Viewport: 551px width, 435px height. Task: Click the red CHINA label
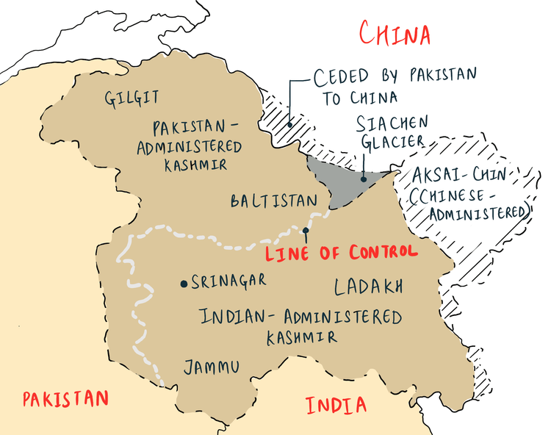click(x=395, y=33)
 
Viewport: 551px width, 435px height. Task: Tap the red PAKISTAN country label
click(x=65, y=399)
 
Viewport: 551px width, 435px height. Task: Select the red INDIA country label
click(x=336, y=405)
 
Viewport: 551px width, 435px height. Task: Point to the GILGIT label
click(x=132, y=98)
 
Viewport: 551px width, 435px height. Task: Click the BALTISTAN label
click(x=273, y=201)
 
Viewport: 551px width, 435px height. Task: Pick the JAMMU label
click(x=212, y=367)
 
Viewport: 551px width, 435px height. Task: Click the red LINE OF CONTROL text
click(x=341, y=252)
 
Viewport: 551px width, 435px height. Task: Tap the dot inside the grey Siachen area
click(x=363, y=179)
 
